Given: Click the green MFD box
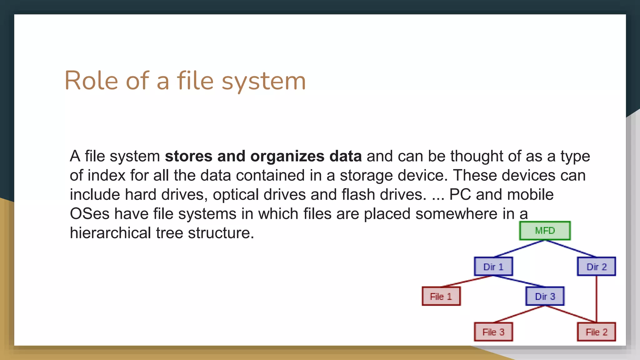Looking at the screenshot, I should point(545,231).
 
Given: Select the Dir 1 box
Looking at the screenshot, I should point(493,267).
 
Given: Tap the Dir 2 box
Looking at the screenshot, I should point(596,267).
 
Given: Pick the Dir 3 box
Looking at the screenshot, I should point(545,296).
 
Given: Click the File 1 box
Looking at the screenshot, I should point(441,296).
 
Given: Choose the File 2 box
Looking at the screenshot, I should point(596,332).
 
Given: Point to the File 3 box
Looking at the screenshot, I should point(493,332).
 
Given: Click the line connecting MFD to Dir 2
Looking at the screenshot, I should point(571,249).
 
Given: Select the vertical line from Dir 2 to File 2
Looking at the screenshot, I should point(596,299).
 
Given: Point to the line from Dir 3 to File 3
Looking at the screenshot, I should point(519,314).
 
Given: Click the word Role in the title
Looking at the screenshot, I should point(91,81).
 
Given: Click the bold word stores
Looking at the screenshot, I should point(188,156).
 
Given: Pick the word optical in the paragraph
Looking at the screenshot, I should point(235,195).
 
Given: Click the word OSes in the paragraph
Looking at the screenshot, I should point(89,214).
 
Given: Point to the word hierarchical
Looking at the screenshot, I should point(110,233).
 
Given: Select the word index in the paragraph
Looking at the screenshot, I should point(106,175).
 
